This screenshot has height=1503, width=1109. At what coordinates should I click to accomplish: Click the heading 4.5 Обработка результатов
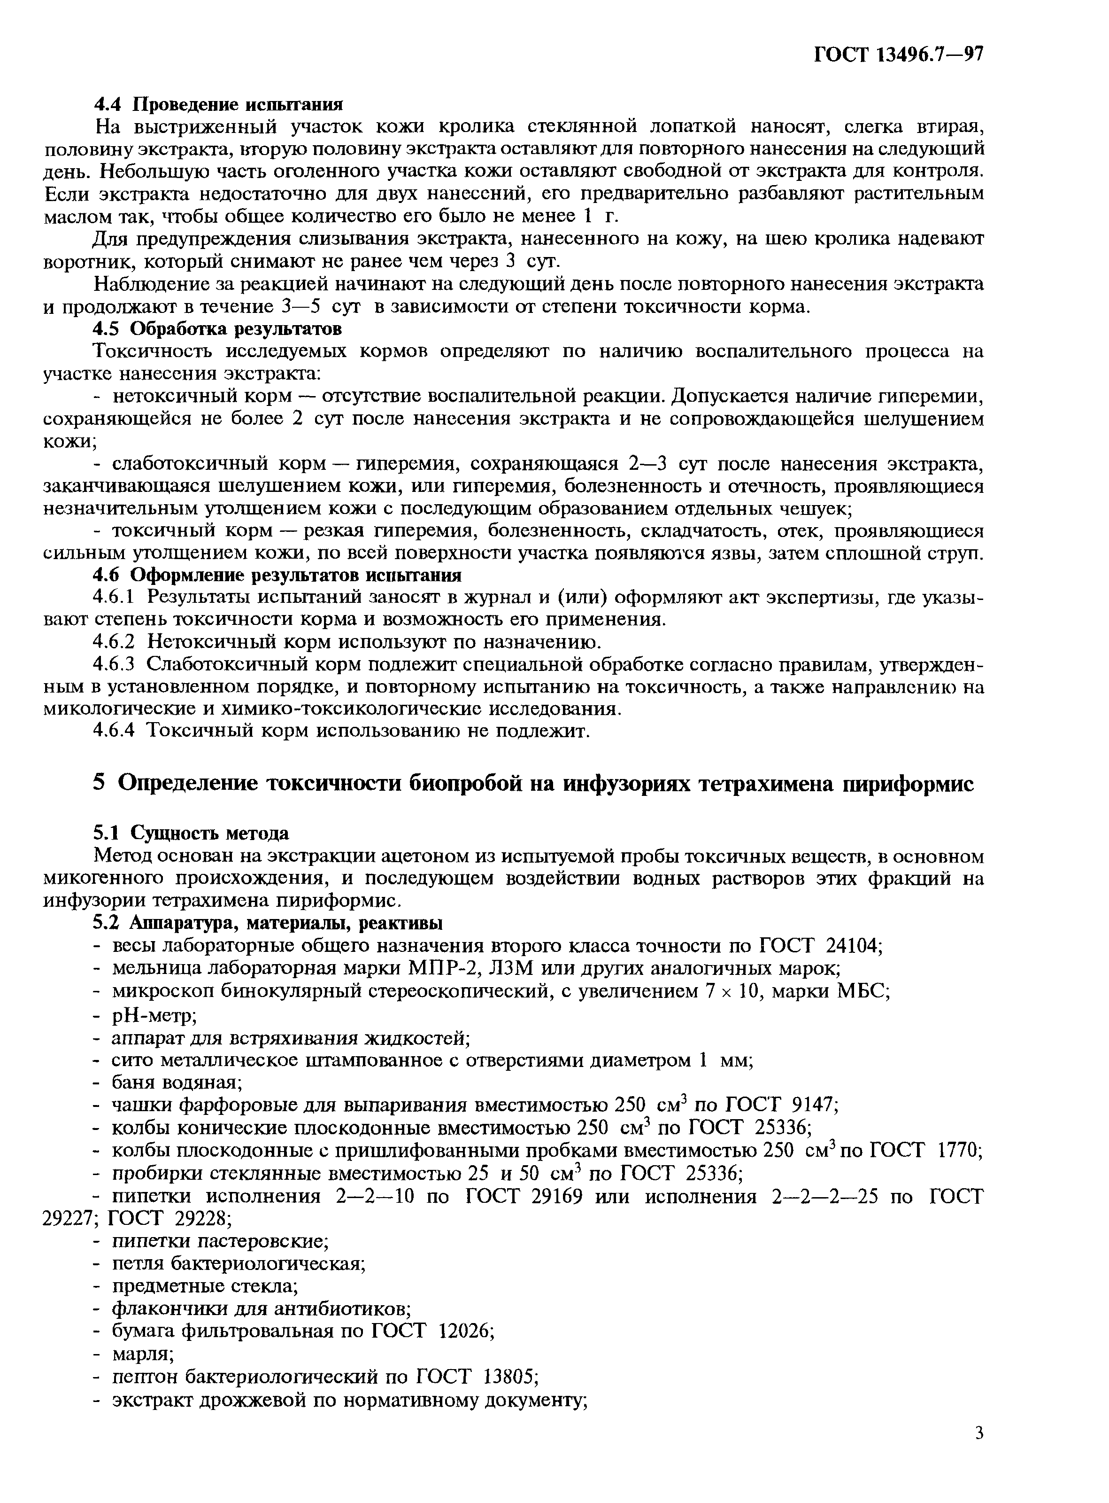(217, 328)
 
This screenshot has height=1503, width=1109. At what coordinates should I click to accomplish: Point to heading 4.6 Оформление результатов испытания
(277, 575)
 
